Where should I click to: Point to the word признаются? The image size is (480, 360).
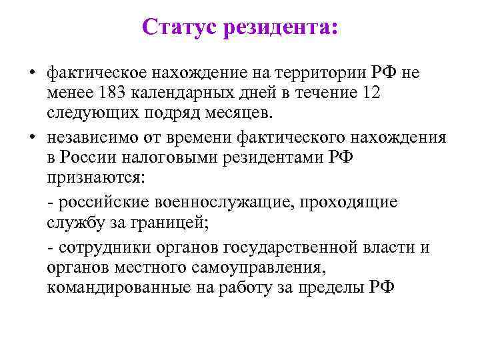coord(100,177)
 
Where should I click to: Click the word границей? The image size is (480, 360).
coord(173,222)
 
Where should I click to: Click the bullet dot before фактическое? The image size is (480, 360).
coord(32,73)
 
